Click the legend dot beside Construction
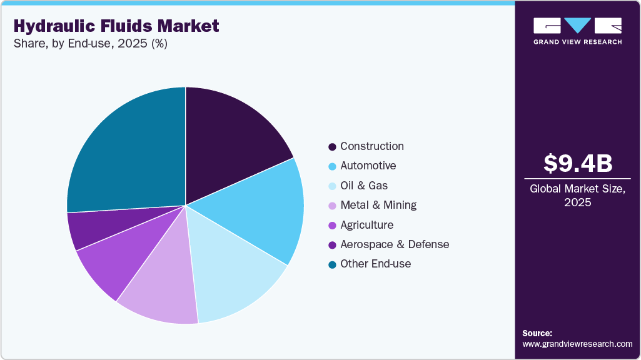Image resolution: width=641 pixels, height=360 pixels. [x=332, y=147]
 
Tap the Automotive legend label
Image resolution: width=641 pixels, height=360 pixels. [x=368, y=166]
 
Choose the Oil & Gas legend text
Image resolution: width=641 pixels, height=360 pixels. [x=364, y=186]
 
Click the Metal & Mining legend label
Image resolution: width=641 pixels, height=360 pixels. [x=378, y=205]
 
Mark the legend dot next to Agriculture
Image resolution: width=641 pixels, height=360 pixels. [x=332, y=225]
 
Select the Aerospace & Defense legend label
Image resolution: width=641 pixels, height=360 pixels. [x=394, y=244]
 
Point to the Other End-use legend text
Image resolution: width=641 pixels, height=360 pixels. [x=375, y=264]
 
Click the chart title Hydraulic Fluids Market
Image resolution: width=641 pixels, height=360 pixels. [x=116, y=26]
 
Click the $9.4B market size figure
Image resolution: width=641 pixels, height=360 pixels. [x=577, y=163]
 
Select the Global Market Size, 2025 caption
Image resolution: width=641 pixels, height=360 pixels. [x=577, y=195]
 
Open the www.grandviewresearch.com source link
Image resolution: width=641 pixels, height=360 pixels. [x=577, y=344]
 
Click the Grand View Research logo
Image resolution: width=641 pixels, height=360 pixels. [x=577, y=31]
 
